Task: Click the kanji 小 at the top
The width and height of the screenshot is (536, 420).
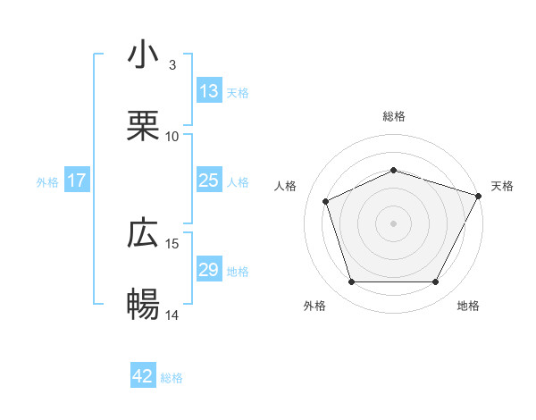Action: coord(144,55)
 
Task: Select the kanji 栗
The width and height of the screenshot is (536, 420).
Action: coord(144,126)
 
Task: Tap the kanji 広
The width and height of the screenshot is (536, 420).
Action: coord(144,233)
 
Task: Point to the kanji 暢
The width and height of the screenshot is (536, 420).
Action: coord(144,305)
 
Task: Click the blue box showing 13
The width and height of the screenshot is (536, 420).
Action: coord(209,91)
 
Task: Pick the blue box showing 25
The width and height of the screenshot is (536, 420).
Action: coord(209,181)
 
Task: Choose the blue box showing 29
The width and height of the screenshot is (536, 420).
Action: coord(209,270)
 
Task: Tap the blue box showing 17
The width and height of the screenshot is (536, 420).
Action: coord(77,181)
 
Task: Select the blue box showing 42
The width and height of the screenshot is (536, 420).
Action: coord(143,377)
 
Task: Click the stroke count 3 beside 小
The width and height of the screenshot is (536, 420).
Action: coord(172,65)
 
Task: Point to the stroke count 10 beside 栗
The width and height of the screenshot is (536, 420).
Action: coord(172,136)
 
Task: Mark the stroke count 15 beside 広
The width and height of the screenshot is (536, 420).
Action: coord(172,243)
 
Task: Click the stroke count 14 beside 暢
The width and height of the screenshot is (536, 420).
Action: coord(172,315)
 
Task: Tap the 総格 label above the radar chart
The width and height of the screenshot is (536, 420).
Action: coord(394,116)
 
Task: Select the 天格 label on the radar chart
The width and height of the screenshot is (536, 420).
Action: coord(502,186)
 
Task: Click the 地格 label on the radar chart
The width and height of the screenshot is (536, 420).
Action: coord(468,306)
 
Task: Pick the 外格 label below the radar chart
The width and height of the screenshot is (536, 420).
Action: coord(314,306)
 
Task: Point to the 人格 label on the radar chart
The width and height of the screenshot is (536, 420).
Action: coord(286,186)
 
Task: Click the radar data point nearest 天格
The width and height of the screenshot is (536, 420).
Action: coord(480,196)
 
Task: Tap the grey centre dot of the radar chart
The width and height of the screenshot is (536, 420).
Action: coord(393,223)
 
